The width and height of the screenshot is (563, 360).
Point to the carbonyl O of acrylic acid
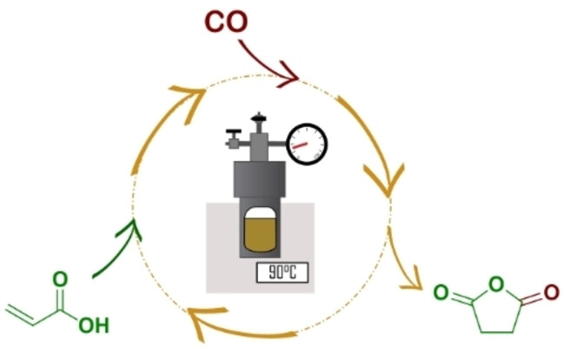tap(59, 279)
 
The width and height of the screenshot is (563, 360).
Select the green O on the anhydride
tap(442, 294)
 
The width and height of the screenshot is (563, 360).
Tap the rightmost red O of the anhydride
tap(549, 293)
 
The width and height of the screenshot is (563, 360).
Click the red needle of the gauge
tap(306, 144)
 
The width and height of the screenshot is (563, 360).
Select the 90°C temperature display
tap(283, 271)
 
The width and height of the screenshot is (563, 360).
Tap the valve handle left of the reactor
tap(234, 136)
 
